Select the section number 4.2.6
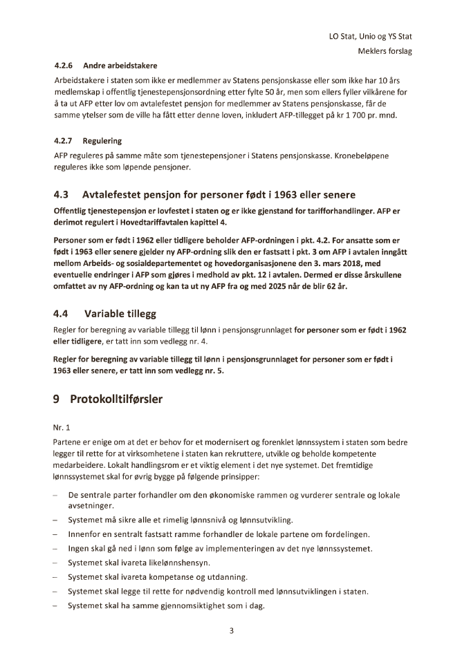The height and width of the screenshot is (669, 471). coord(64,66)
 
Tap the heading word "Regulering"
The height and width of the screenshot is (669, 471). coord(102,141)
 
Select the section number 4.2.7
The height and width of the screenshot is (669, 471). coord(64,141)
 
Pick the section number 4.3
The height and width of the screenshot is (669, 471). coord(62,194)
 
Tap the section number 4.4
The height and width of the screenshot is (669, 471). coord(62,313)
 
